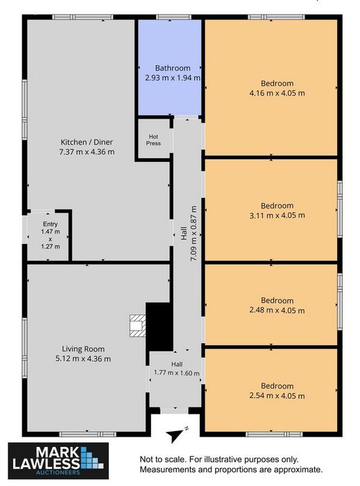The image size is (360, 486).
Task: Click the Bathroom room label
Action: tap(173, 68)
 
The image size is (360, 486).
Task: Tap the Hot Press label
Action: tap(153, 140)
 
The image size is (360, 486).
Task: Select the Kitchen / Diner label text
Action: tap(87, 142)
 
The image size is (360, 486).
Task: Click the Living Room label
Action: tap(83, 349)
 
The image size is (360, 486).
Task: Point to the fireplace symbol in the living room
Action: tap(137, 326)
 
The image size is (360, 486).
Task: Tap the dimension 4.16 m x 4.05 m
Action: tap(277, 93)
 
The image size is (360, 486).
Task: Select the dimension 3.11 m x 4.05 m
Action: tap(277, 215)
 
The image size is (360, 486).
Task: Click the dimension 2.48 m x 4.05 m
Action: tap(277, 310)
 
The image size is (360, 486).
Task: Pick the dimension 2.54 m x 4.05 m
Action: tap(277, 396)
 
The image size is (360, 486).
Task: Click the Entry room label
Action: tap(50, 224)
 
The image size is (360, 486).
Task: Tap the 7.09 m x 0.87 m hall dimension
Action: tap(194, 233)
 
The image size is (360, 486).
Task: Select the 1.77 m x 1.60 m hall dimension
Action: tap(177, 373)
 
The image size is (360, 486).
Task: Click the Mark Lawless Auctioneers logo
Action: tap(58, 460)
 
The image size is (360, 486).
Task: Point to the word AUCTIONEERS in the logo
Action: tap(58, 472)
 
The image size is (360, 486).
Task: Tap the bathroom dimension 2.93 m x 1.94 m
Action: tap(173, 78)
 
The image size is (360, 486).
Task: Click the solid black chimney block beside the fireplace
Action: tap(159, 327)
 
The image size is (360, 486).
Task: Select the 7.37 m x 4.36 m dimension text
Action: tap(87, 152)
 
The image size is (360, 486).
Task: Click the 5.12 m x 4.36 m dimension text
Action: tap(83, 359)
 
